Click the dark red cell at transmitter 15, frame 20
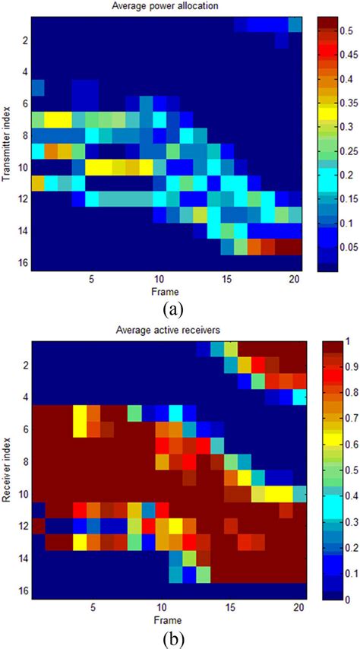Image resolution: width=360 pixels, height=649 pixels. (295, 247)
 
